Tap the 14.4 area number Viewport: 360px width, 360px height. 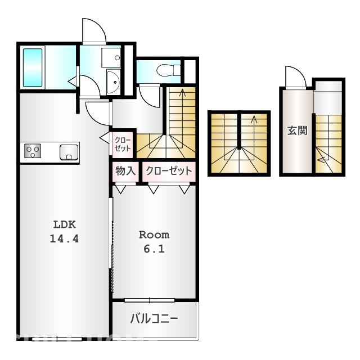coord(64,238)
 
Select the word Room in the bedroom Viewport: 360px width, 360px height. coord(154,235)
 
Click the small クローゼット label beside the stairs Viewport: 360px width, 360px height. coord(123,144)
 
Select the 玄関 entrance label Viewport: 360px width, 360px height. coord(297,132)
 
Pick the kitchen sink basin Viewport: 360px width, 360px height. coord(69,152)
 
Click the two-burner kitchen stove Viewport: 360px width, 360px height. coord(33,152)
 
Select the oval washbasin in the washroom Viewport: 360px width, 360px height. coord(113,83)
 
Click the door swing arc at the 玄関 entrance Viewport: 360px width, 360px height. coord(294,77)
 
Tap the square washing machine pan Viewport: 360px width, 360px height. coord(111,57)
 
